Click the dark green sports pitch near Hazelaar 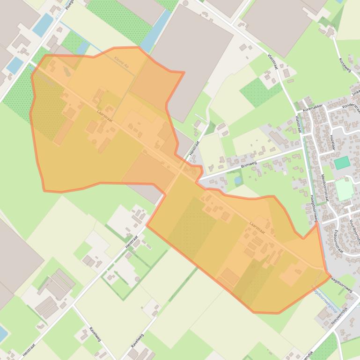[342, 163]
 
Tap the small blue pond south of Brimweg [238, 180]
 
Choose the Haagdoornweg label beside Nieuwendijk [340, 284]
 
